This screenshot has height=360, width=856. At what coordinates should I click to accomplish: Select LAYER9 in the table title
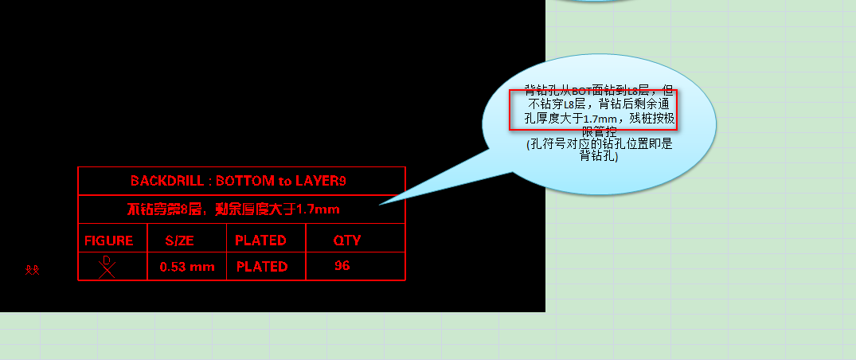tap(320, 181)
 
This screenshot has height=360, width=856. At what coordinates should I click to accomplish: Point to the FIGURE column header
tap(109, 240)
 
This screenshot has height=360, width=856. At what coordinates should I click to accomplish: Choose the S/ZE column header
tap(180, 240)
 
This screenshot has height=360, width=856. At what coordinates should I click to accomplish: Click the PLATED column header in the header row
tap(260, 240)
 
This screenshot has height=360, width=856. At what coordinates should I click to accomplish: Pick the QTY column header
tap(347, 240)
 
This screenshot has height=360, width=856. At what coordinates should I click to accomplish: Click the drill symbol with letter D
tap(107, 266)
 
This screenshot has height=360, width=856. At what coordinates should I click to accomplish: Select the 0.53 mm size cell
tap(187, 267)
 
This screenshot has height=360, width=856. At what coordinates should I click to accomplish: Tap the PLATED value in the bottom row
tap(262, 267)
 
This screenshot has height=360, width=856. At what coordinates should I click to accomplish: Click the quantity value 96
tap(342, 266)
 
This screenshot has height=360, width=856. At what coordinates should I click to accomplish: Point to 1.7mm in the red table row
tap(318, 209)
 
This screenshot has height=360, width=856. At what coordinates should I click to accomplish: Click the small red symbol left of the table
tap(32, 270)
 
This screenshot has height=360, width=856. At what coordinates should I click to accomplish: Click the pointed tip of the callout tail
tap(380, 204)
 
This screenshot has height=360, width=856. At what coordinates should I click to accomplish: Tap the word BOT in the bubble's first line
tap(582, 91)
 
